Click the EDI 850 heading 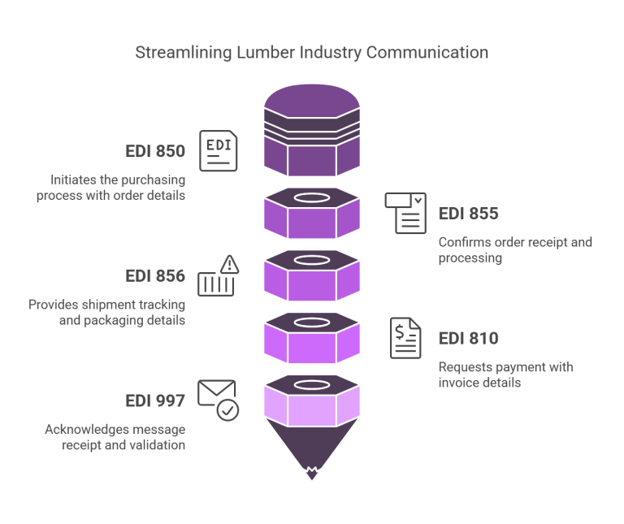[x=155, y=152]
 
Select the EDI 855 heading [x=468, y=214]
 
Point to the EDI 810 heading [x=468, y=339]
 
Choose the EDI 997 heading [x=155, y=401]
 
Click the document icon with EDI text [x=219, y=150]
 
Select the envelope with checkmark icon [x=218, y=400]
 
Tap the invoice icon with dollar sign [x=405, y=338]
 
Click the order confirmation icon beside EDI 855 [x=405, y=213]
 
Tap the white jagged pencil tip [x=312, y=473]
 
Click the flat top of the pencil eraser [x=312, y=98]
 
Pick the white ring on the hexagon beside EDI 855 [x=312, y=198]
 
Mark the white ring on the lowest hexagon [x=312, y=384]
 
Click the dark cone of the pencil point [x=312, y=439]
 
